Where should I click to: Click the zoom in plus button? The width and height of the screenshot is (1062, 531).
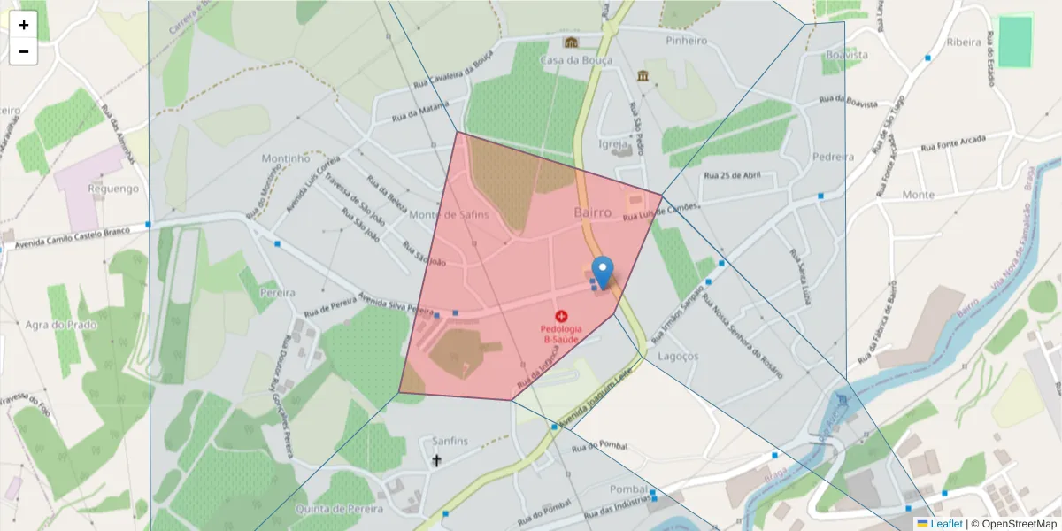pyautogui.click(x=23, y=25)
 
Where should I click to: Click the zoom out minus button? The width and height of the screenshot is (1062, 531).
pyautogui.click(x=23, y=51)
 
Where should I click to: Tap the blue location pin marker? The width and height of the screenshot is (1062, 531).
pyautogui.click(x=603, y=271)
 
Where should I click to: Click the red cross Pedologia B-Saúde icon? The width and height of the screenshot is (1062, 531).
pyautogui.click(x=561, y=316)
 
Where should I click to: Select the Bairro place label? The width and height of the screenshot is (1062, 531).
pyautogui.click(x=592, y=212)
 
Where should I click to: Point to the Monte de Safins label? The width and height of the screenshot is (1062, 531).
pyautogui.click(x=449, y=214)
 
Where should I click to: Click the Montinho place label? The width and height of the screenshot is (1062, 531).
pyautogui.click(x=285, y=158)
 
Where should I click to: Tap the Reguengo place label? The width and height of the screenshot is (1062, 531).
pyautogui.click(x=114, y=189)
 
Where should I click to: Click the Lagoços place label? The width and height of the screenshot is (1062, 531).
pyautogui.click(x=679, y=356)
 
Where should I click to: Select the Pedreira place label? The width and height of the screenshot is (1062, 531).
pyautogui.click(x=833, y=157)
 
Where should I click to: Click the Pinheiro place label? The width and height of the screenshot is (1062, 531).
pyautogui.click(x=687, y=41)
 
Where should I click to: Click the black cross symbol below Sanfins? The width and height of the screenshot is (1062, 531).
pyautogui.click(x=436, y=460)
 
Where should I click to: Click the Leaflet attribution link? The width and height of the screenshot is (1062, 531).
pyautogui.click(x=945, y=524)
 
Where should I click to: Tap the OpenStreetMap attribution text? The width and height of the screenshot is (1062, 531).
pyautogui.click(x=1012, y=524)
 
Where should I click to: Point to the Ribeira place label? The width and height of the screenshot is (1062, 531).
pyautogui.click(x=963, y=42)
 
